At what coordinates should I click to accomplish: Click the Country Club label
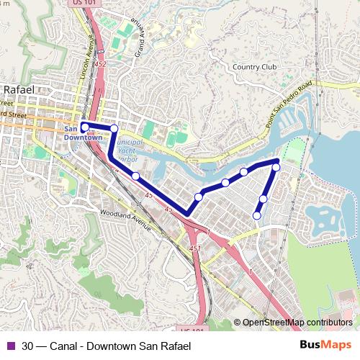pos(254,67)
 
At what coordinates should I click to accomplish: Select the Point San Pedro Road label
pos(289,105)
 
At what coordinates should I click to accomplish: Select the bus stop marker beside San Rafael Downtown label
pos(84,127)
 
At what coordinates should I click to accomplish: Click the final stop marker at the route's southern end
pos(257,215)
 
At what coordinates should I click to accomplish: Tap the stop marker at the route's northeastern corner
pos(276,167)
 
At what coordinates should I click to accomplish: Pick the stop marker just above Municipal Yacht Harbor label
pos(114,129)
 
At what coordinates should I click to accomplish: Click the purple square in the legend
pos(10,346)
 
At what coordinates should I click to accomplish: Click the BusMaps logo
pos(325,346)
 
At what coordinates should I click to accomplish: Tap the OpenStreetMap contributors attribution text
pos(297,323)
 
